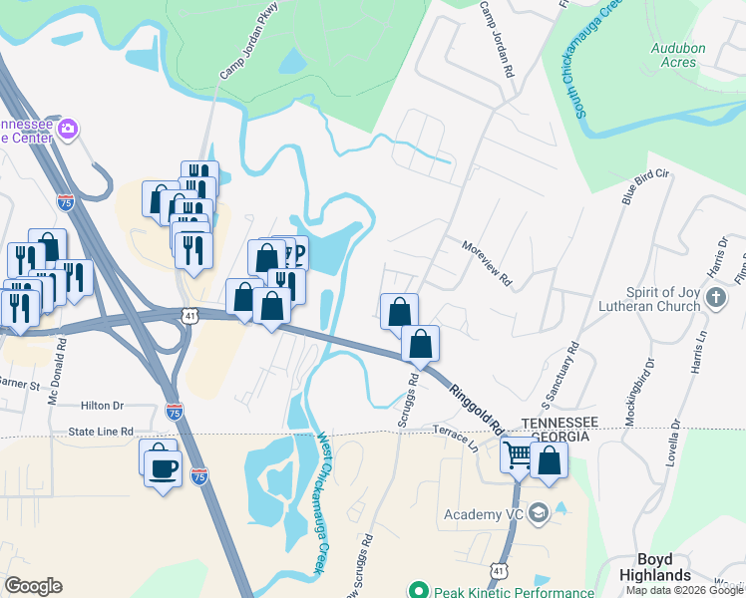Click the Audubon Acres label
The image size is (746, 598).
point(678,54)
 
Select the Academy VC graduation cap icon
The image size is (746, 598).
point(540,513)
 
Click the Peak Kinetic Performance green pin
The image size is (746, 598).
point(418,591)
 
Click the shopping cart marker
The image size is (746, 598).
point(519,455)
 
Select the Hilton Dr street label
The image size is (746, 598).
point(102,406)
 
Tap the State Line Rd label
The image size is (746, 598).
point(101,431)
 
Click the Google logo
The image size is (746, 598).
point(33,586)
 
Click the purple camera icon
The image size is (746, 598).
point(68,129)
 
